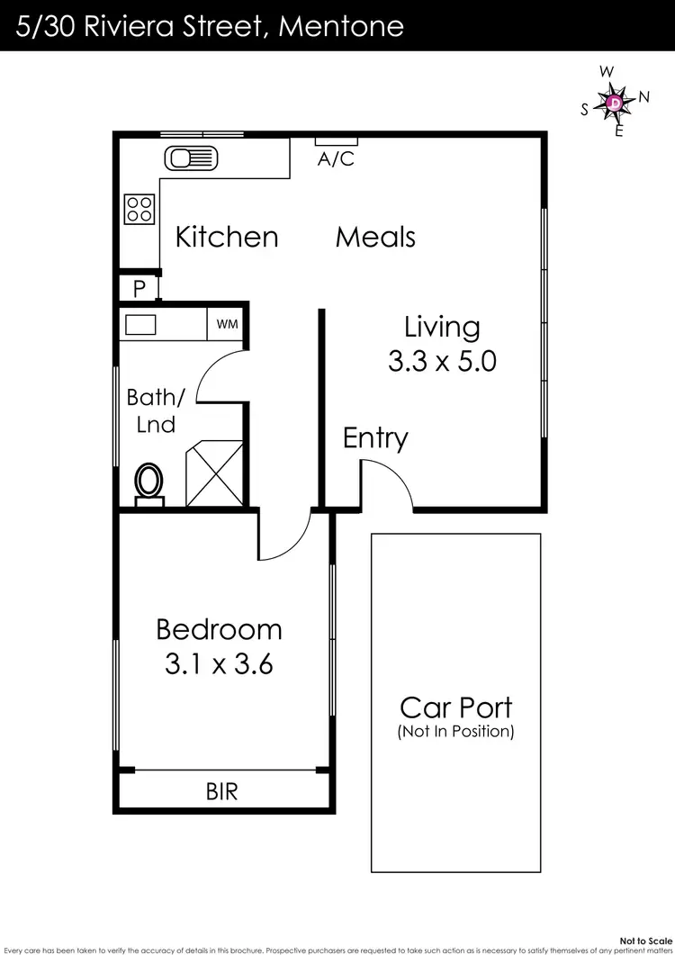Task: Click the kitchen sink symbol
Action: pos(192,159)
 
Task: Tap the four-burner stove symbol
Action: pos(139,209)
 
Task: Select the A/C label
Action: pos(337,159)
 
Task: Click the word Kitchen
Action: pos(227,237)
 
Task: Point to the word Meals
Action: pos(375,237)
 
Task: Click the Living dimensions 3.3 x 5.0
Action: pos(442,362)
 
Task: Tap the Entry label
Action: pos(375,438)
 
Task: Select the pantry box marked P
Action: pos(139,289)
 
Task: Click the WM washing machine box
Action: pos(227,324)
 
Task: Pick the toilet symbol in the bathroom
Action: pos(149,481)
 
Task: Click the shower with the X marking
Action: pos(213,473)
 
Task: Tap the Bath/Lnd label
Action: pos(156,410)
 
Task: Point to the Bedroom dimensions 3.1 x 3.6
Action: pos(219,665)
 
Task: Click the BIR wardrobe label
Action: pos(221,792)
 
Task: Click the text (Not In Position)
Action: pos(455,732)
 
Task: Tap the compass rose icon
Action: pos(615,103)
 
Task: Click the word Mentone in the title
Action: pos(341,25)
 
